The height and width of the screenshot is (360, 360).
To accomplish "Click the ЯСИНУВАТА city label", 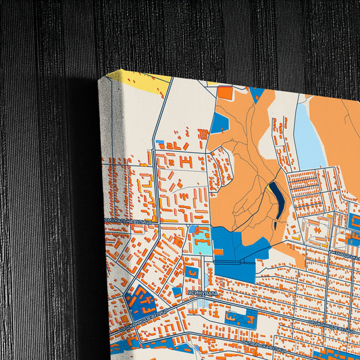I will click(x=203, y=294).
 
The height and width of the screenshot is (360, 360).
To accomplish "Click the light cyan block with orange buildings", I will click(x=200, y=239).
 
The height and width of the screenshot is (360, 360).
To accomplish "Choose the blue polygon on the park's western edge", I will click(x=219, y=123).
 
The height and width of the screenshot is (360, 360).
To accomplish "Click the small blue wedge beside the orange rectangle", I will click(x=257, y=95).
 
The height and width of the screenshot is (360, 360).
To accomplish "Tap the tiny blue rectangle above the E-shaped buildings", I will click(x=160, y=143).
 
